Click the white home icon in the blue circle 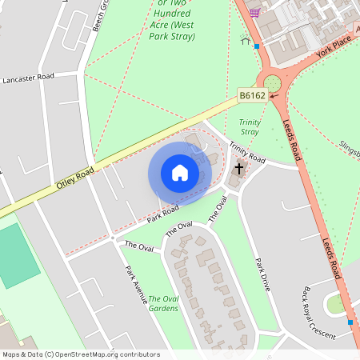coord(180,173)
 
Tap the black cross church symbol coord(238,170)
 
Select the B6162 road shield coord(252,95)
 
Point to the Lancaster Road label coord(28,78)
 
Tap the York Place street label coord(334,50)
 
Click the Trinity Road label coord(246,152)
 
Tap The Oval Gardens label coord(165,303)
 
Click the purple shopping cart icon coord(254,12)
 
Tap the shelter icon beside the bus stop coord(246,41)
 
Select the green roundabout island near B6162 coord(272,83)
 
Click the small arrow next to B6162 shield coord(274,95)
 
